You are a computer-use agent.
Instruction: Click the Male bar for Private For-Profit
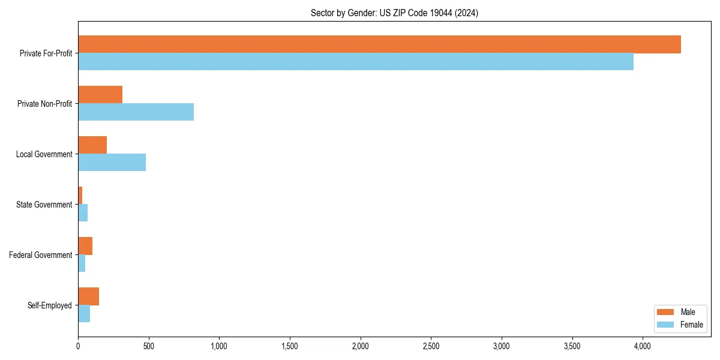click(x=379, y=44)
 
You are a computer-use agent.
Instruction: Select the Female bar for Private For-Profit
click(x=356, y=62)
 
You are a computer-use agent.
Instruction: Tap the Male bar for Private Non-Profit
click(x=100, y=95)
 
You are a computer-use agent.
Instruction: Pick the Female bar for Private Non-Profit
click(x=136, y=112)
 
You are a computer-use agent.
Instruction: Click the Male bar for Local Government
click(x=92, y=145)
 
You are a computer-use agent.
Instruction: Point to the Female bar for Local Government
click(x=112, y=163)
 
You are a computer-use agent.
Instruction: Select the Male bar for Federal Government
click(x=85, y=246)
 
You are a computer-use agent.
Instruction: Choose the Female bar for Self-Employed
click(x=84, y=314)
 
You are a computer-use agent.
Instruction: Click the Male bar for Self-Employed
click(x=88, y=296)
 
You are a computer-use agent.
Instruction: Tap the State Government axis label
click(x=44, y=205)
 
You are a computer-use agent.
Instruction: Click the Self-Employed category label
click(x=50, y=305)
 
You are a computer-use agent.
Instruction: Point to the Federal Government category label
click(x=41, y=255)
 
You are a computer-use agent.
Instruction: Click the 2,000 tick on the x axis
click(x=360, y=346)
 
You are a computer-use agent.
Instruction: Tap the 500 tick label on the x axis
click(x=149, y=346)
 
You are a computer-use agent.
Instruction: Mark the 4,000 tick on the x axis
click(x=643, y=346)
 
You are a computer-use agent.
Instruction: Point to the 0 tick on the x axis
click(x=78, y=346)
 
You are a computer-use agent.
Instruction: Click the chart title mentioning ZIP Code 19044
click(x=394, y=13)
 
